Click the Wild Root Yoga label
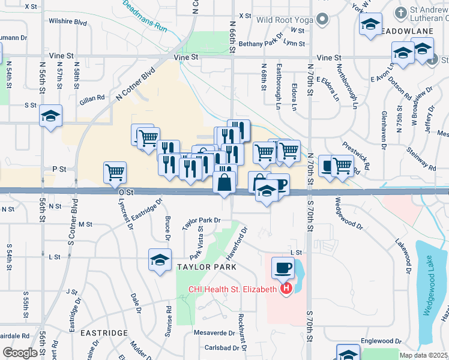pyautogui.click(x=285, y=20)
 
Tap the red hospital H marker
pyautogui.click(x=286, y=289)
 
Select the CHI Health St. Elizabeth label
pyautogui.click(x=233, y=289)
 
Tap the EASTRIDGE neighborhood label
pyautogui.click(x=104, y=332)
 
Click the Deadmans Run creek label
pyautogui.click(x=143, y=16)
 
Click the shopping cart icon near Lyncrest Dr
pyautogui.click(x=115, y=172)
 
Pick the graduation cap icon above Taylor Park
pyautogui.click(x=159, y=260)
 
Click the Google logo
pyautogui.click(x=20, y=353)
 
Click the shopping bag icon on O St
pyautogui.click(x=224, y=182)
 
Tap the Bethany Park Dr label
pyautogui.click(x=260, y=44)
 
